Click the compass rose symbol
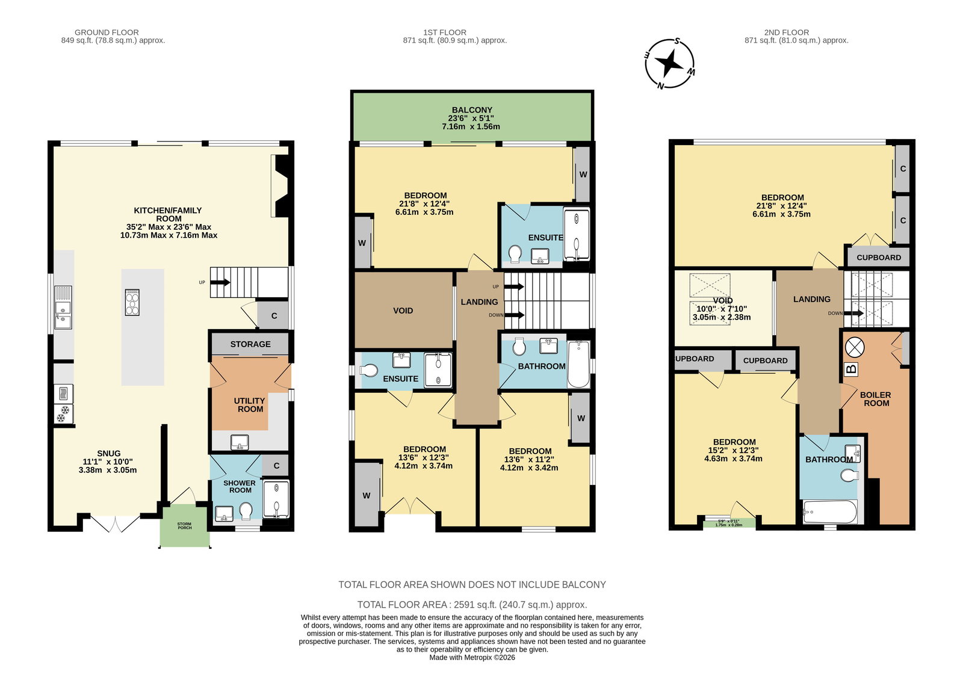670,64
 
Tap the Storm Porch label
184,526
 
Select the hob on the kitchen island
132,303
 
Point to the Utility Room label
250,405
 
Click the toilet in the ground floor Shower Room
246,511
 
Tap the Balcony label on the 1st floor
472,110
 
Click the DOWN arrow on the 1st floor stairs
514,315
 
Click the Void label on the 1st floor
403,310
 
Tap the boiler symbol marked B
851,369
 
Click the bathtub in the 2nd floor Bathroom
830,511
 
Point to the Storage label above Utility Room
250,344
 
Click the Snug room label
109,454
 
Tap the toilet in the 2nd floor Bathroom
849,476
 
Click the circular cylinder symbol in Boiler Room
855,347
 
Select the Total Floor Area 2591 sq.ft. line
472,605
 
